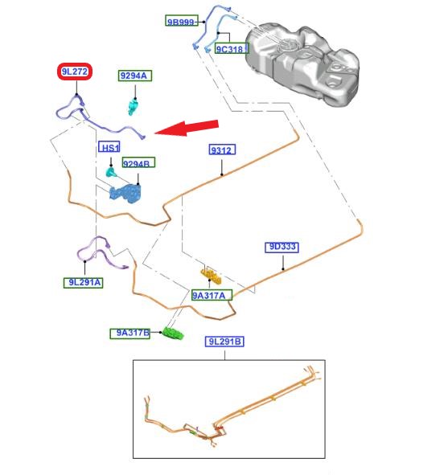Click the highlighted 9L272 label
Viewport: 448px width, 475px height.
(75, 72)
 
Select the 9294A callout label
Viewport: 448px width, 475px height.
(135, 76)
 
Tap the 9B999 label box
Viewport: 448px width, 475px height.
(182, 21)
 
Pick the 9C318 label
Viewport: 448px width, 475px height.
(232, 48)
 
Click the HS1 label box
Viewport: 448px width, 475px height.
(109, 147)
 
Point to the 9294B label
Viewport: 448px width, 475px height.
(138, 162)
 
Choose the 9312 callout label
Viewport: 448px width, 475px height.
(222, 149)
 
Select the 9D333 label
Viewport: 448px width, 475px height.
(282, 248)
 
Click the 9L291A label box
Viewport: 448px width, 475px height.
(84, 283)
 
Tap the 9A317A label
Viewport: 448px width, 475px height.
(212, 295)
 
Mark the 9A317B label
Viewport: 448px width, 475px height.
(129, 334)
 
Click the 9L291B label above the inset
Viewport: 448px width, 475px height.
(224, 342)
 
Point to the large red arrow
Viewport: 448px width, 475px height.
(187, 128)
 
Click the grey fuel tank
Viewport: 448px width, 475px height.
(302, 63)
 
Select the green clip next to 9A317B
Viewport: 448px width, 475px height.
(173, 333)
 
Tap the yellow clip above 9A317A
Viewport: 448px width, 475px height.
(211, 276)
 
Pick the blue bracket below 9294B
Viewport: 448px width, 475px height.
(125, 193)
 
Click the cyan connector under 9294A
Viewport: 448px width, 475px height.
(133, 107)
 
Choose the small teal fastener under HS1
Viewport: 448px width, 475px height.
(110, 172)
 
